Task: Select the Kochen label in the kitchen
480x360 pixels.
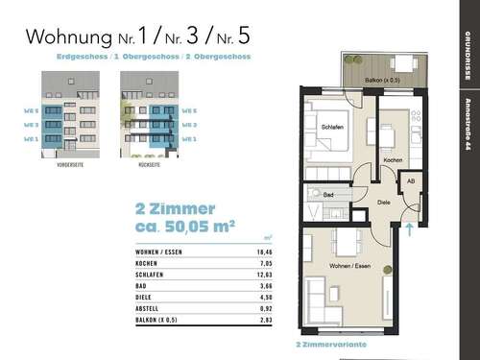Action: click(392, 159)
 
